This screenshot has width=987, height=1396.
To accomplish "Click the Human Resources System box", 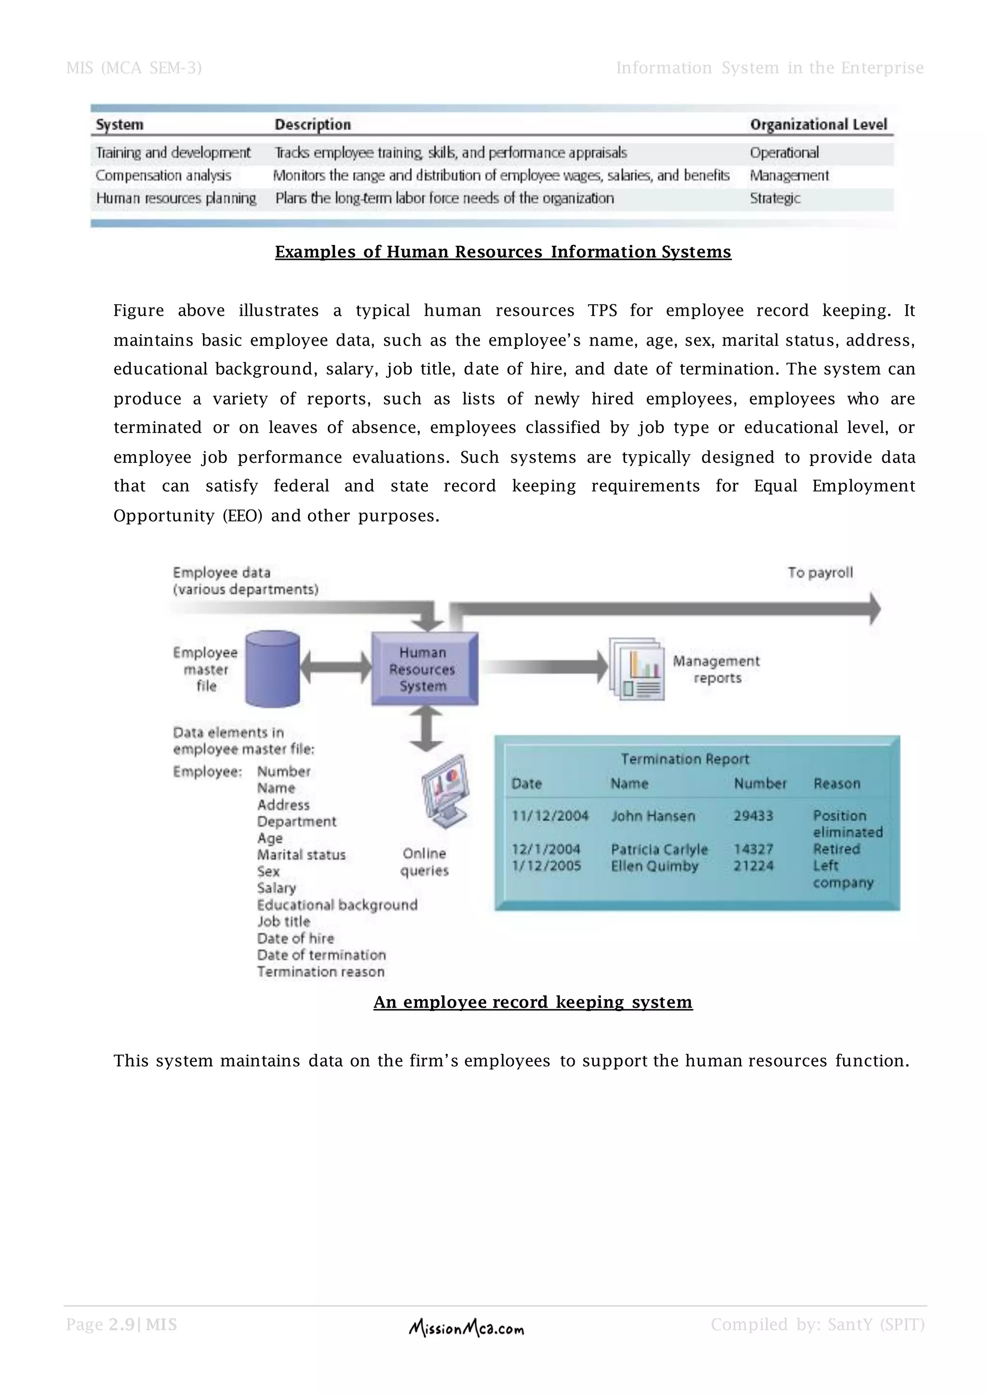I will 424,669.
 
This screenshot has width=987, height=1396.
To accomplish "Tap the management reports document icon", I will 636,669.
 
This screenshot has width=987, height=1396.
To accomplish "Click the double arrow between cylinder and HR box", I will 336,667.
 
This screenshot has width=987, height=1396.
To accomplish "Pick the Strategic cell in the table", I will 774,198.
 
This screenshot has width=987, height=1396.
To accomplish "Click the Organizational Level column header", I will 818,125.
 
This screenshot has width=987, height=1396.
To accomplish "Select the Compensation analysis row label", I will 163,176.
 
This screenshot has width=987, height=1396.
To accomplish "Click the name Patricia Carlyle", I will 659,849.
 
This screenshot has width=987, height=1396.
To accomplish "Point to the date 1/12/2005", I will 547,866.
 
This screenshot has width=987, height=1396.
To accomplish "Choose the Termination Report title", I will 685,759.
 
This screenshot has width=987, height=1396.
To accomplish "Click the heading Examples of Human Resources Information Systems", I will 503,252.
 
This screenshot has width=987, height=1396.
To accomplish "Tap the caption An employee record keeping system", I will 533,1002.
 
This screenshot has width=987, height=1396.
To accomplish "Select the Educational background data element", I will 337,905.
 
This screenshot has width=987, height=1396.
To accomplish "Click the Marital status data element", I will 301,855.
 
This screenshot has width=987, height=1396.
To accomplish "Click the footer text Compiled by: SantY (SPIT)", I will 817,1324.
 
